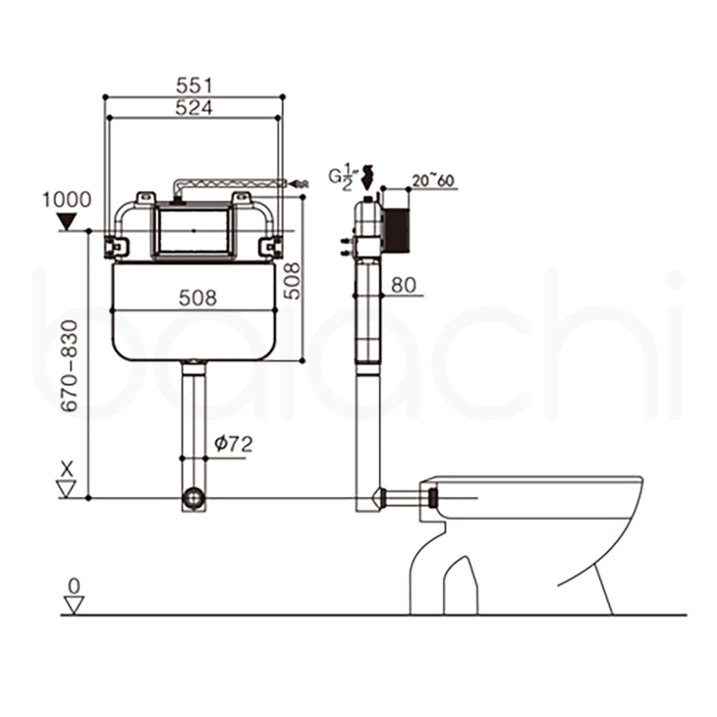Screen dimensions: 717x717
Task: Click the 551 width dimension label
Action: pos(194,85)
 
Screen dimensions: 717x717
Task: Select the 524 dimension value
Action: pos(194,107)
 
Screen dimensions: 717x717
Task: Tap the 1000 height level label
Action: pos(66,199)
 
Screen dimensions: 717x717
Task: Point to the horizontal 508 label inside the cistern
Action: pos(196,298)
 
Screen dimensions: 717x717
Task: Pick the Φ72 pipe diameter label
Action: pos(234,445)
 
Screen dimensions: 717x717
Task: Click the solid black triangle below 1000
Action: pos(66,222)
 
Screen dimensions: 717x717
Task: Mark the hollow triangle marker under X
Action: pos(67,489)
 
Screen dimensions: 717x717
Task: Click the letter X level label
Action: pos(67,469)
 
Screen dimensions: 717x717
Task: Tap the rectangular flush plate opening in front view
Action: pos(194,230)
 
